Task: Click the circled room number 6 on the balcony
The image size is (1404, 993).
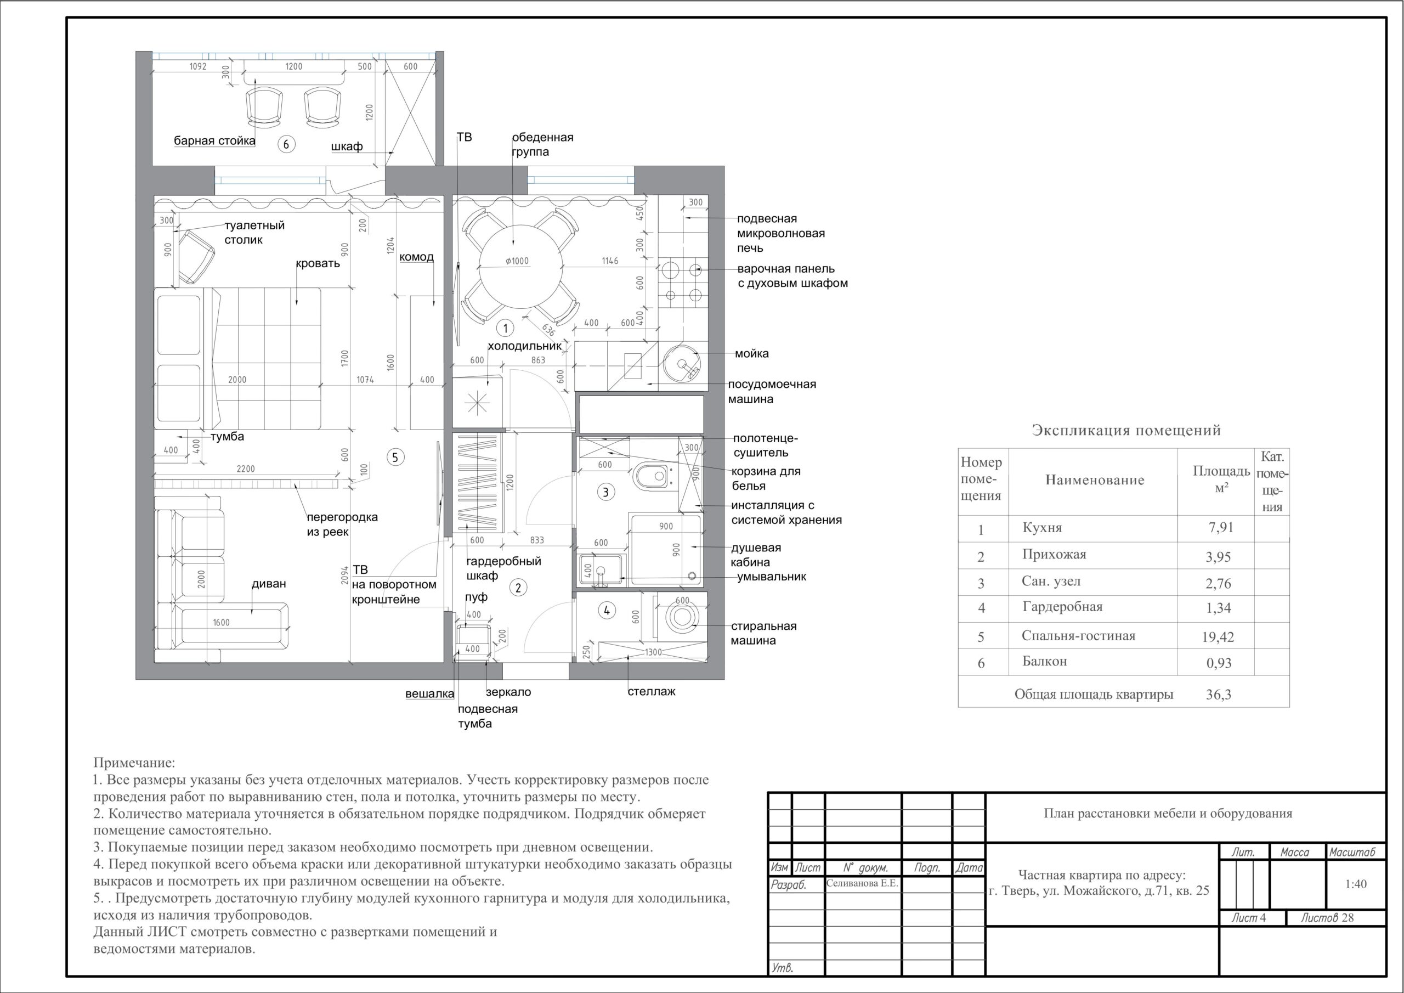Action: click(x=286, y=144)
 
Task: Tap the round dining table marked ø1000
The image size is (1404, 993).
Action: click(x=520, y=267)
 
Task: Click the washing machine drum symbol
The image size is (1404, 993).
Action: click(x=681, y=617)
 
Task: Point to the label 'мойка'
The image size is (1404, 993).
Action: click(x=751, y=354)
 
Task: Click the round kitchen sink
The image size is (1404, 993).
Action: click(x=681, y=363)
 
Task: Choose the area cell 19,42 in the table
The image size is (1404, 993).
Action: click(x=1218, y=637)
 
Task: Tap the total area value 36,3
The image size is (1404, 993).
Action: click(x=1219, y=695)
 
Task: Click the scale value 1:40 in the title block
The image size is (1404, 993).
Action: click(x=1356, y=884)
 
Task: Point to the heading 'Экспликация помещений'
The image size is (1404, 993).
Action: click(x=1126, y=430)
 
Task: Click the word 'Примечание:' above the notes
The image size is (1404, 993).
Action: click(x=134, y=763)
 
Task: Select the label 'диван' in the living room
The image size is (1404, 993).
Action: click(x=269, y=584)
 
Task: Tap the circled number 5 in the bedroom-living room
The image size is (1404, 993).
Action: click(x=395, y=457)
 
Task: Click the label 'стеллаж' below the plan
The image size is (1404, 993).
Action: click(x=652, y=692)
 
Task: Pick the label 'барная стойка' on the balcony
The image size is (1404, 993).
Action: click(x=214, y=142)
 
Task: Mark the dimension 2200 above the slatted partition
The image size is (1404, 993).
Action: click(x=246, y=469)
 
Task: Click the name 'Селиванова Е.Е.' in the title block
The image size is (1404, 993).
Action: click(x=862, y=883)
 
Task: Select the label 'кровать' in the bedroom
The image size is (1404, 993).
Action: click(x=318, y=264)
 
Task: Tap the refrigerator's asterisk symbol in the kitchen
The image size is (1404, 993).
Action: click(x=477, y=403)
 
